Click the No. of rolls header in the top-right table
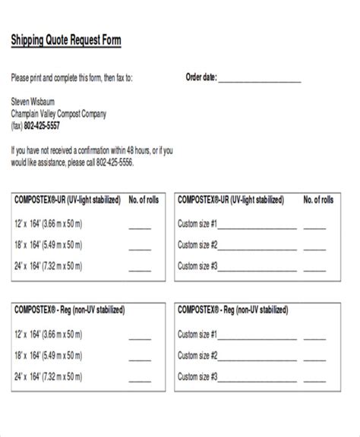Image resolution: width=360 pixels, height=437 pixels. [x=318, y=200]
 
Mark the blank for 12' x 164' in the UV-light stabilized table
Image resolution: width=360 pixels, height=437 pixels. [x=140, y=226]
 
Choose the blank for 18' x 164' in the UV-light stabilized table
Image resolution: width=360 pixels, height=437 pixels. [x=140, y=247]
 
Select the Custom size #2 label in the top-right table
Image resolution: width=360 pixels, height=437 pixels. [x=197, y=244]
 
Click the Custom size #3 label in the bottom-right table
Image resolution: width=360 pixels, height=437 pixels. [x=197, y=376]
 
